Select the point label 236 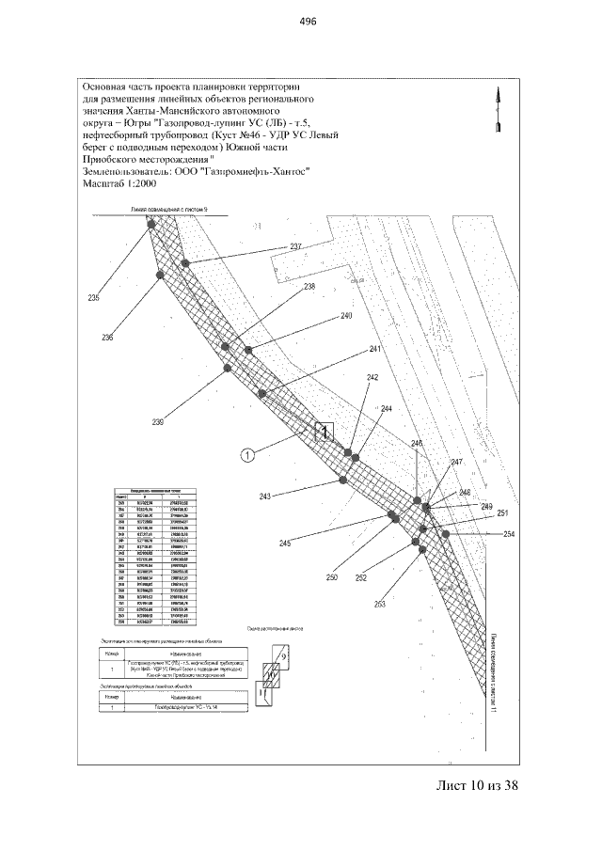point(107,338)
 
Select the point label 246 point(417,443)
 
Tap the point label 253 point(380,604)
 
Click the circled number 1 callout point(247,456)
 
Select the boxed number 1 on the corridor point(325,432)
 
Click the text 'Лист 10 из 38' point(478,785)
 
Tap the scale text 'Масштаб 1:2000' point(122,185)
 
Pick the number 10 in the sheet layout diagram point(270,674)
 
